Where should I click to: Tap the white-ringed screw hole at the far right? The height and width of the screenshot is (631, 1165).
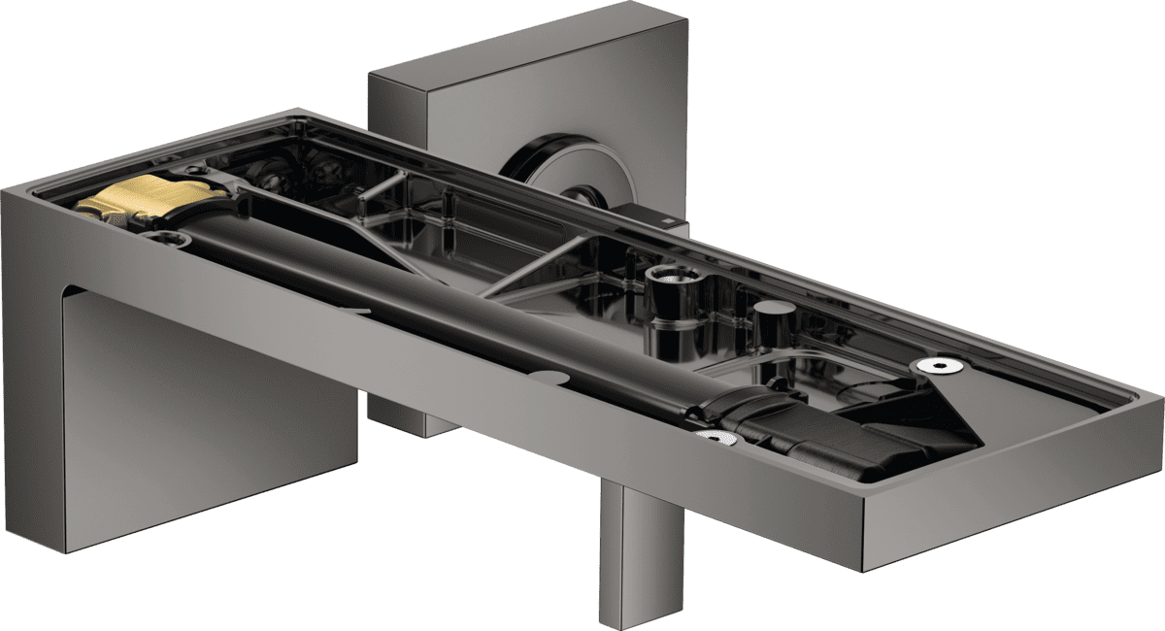938,365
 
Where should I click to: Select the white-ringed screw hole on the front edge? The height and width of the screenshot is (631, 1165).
715,440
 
